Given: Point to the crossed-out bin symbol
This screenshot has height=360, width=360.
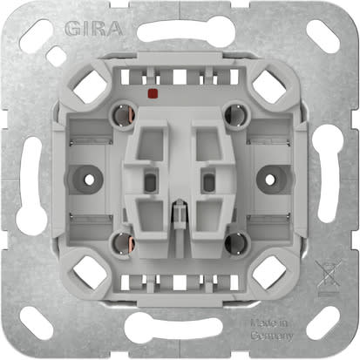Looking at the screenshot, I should coord(329,278).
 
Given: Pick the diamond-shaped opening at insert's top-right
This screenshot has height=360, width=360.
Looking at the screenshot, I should coord(265,85).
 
